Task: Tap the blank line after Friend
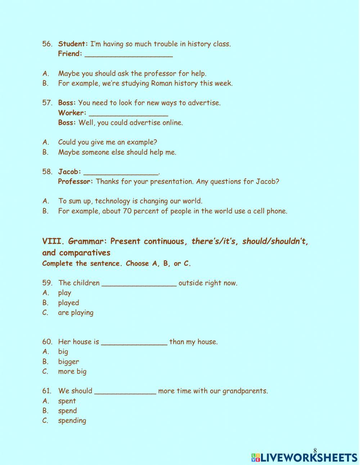coord(129,54)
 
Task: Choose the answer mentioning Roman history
coord(145,83)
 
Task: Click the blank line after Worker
coord(128,113)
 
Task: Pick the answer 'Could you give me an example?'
coord(108,142)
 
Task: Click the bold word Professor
coord(75,182)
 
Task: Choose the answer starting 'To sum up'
coord(130,201)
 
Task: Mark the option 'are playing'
coord(76,313)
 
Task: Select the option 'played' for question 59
coord(68,303)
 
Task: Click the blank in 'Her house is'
coord(134,342)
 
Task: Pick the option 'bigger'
coord(68,362)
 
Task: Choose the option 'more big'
coord(72,371)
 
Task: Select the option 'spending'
coord(72,420)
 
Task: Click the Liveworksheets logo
coord(304,457)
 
